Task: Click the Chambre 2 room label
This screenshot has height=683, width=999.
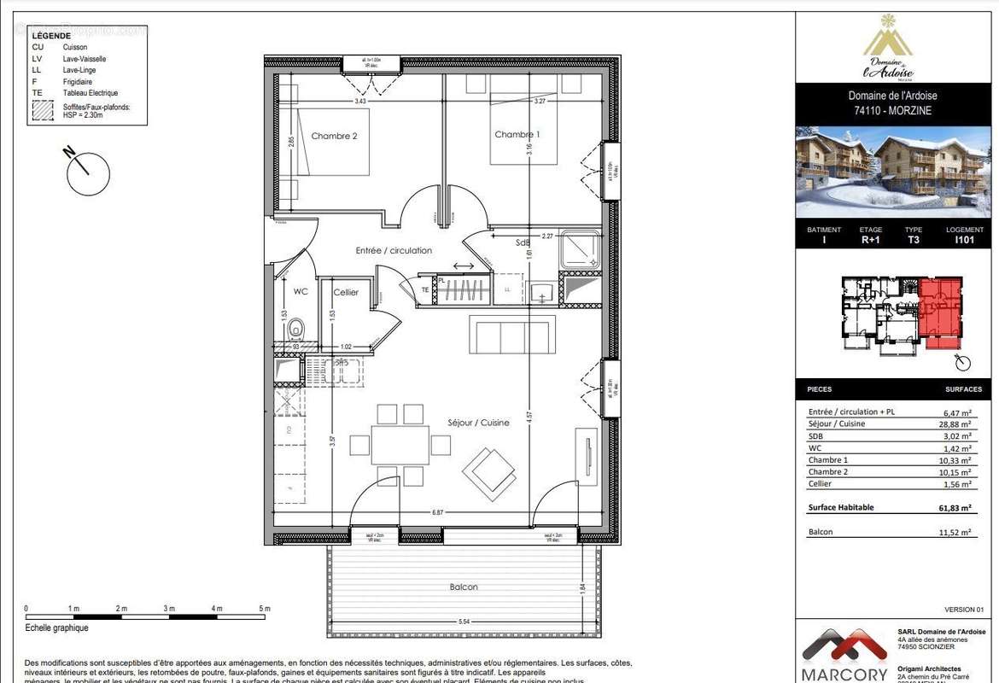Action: [334, 136]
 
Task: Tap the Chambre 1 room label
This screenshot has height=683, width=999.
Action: [517, 135]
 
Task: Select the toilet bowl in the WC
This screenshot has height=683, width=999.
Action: [295, 329]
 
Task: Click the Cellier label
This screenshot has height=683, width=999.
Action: [346, 293]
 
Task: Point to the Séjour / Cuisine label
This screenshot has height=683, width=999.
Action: [479, 423]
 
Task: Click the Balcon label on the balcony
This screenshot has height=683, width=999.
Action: [464, 587]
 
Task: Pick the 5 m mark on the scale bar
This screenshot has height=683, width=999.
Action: [266, 609]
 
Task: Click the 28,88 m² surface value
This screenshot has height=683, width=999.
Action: [954, 424]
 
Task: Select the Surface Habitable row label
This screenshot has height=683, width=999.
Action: [841, 507]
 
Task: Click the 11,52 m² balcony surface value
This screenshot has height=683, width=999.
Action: [954, 532]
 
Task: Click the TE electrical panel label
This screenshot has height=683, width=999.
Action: [425, 290]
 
